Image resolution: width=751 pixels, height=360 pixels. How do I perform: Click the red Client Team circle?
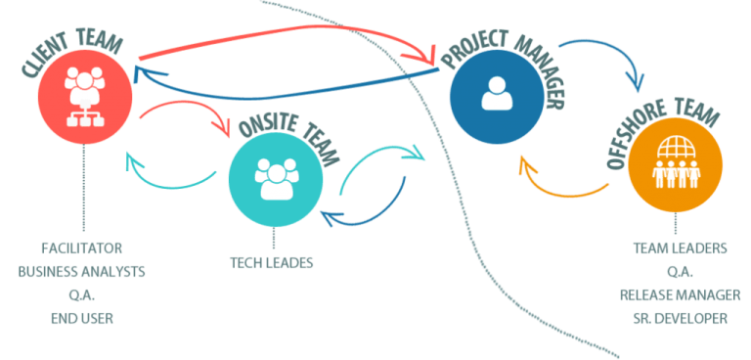85,96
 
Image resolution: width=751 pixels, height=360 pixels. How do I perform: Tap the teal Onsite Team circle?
276,179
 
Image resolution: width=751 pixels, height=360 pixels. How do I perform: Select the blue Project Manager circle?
497,97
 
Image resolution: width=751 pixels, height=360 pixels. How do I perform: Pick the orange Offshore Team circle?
676,163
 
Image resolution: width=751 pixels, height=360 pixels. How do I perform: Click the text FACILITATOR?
81,248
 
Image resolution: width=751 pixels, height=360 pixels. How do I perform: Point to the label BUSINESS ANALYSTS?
81,272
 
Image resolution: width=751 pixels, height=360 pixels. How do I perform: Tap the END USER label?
82,318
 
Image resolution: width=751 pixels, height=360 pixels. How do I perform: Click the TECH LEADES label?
272,263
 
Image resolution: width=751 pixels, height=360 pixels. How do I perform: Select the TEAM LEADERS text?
681,247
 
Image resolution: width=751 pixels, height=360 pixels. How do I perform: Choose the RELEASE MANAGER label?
681,294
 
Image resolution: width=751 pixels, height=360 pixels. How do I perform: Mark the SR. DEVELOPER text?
681,318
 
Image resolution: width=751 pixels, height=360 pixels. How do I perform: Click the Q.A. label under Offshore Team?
681,271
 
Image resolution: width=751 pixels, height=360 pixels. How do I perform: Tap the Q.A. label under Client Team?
82,295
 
